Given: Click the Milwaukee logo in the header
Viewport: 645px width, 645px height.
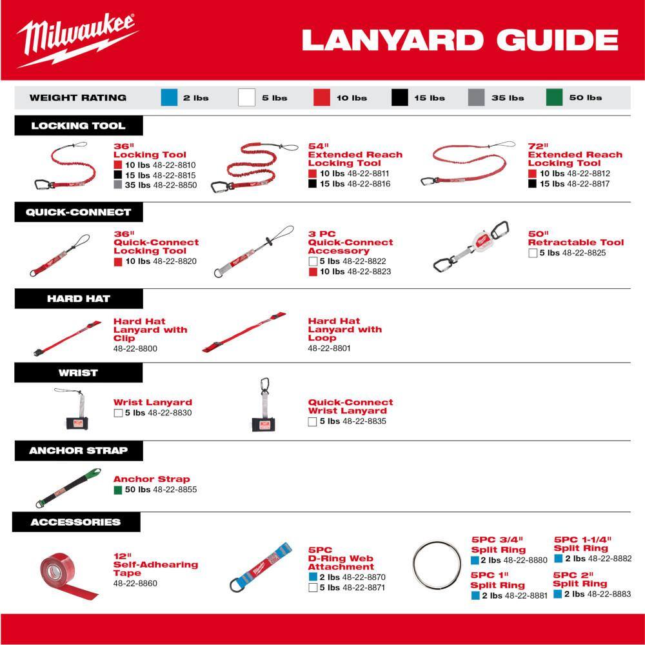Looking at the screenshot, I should (77, 40).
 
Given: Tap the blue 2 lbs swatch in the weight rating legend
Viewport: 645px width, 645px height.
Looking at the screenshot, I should (169, 97).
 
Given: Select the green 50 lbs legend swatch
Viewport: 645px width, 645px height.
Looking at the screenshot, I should (554, 97).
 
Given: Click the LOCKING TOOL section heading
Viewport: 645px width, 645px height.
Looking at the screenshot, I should (79, 126).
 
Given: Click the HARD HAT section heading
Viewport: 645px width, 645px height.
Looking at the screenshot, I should (79, 299).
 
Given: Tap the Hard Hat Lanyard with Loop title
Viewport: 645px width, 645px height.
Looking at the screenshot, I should (344, 329).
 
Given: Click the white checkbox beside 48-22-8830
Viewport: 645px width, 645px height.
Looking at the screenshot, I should (118, 413).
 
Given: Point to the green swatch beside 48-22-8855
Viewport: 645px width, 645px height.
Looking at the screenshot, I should (118, 490).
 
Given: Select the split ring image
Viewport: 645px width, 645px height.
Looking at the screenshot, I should (439, 564).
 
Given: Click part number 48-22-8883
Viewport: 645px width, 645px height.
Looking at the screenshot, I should (609, 594).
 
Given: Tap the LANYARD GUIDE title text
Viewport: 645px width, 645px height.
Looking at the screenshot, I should (460, 40).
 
